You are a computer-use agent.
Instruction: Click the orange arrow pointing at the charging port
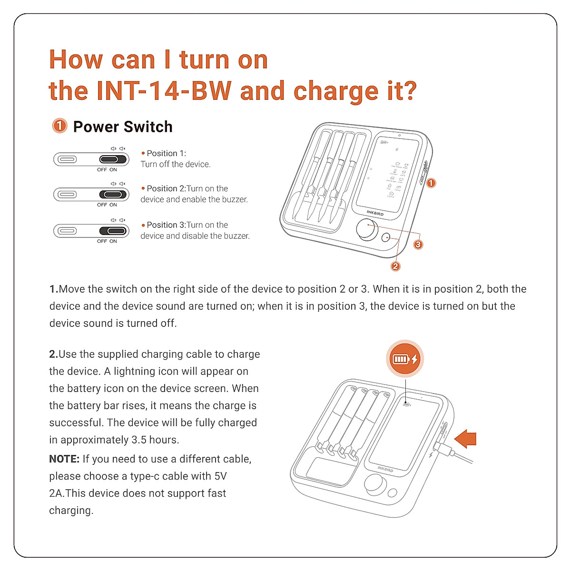click(466, 438)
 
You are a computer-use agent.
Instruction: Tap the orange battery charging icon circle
click(404, 359)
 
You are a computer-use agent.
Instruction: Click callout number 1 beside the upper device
click(431, 183)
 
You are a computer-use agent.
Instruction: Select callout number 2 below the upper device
click(395, 266)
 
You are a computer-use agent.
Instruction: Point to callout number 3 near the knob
click(418, 245)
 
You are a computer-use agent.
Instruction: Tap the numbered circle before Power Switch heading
click(59, 126)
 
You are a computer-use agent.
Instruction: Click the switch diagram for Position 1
click(91, 159)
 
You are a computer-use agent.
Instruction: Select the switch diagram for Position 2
click(91, 194)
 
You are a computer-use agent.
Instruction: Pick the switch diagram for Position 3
click(91, 231)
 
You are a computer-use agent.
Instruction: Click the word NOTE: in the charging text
click(64, 459)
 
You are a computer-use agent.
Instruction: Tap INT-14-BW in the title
click(164, 91)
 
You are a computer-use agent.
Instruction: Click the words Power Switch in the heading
click(123, 127)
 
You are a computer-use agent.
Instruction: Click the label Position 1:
click(166, 153)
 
